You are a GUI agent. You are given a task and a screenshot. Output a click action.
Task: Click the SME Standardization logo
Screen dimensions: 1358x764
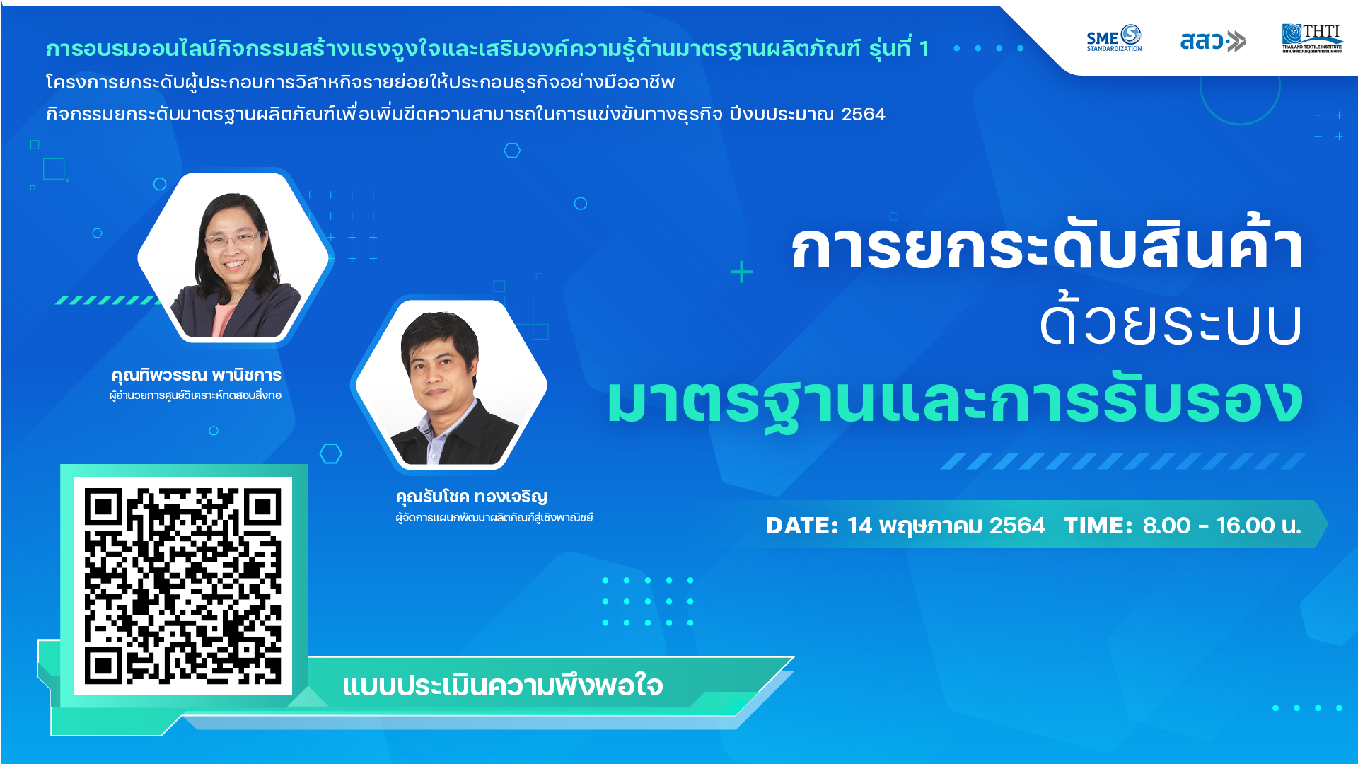[1114, 39]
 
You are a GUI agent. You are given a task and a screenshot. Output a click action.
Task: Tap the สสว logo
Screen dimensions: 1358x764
[1212, 41]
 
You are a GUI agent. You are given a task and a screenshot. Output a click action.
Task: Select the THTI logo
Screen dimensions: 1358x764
[1312, 39]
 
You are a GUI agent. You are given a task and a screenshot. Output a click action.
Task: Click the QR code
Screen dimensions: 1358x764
[183, 586]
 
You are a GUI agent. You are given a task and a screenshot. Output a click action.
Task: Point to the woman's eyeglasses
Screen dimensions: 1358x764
[233, 240]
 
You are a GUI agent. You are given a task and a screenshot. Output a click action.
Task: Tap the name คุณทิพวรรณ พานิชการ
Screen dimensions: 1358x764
[197, 375]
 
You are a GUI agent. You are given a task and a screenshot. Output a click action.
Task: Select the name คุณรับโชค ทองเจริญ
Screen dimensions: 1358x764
[472, 497]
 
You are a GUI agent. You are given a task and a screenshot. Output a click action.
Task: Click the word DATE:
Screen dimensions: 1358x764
[802, 526]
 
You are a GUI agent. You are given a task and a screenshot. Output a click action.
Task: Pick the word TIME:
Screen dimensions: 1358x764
[1098, 526]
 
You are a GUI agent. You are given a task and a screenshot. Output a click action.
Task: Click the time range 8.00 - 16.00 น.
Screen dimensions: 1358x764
[1221, 526]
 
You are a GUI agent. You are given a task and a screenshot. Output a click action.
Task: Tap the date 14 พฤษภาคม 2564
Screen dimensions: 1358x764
[946, 526]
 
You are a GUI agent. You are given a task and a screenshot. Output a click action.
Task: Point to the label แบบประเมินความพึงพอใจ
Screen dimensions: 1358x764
[502, 685]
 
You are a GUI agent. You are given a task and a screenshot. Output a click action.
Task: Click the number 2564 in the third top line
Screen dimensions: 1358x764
[863, 114]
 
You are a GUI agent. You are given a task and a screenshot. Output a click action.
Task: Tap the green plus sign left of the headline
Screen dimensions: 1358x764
[741, 272]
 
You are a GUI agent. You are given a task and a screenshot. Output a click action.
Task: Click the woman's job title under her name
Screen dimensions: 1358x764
[195, 395]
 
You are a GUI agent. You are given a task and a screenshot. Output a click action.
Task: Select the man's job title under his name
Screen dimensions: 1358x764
[494, 517]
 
